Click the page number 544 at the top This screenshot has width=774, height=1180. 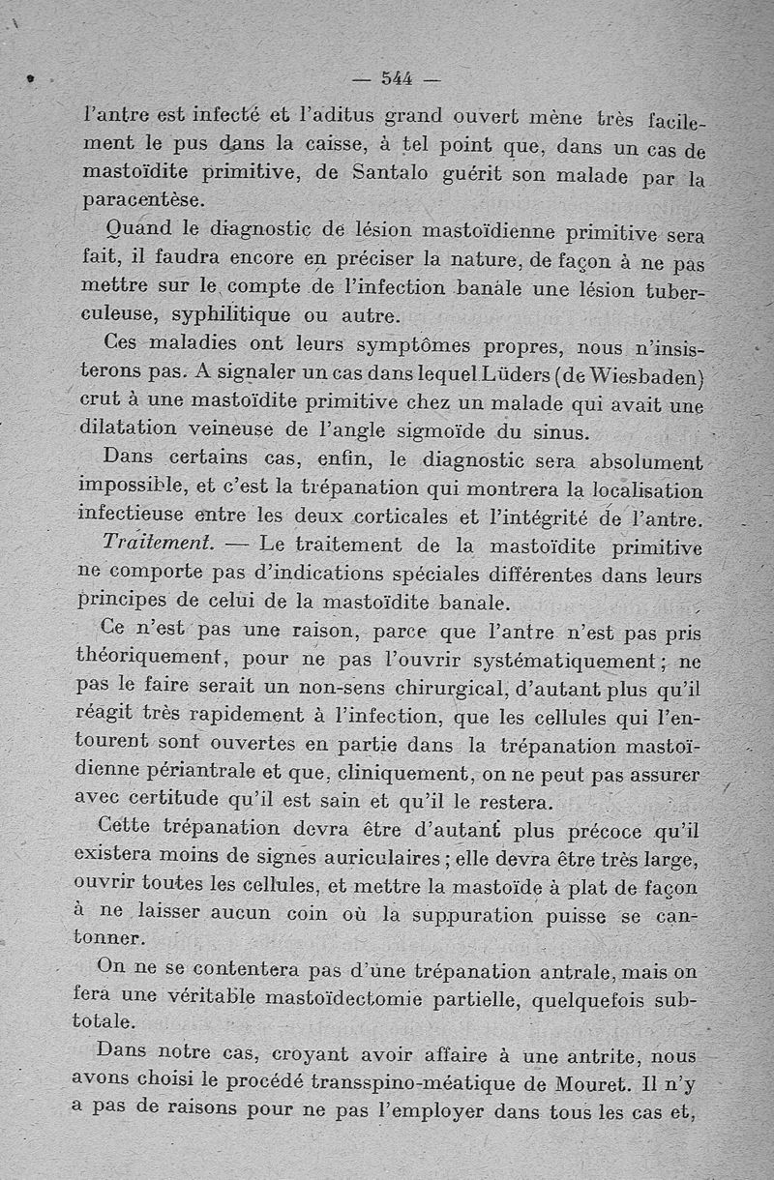pyautogui.click(x=398, y=78)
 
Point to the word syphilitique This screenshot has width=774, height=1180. pyautogui.click(x=231, y=315)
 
